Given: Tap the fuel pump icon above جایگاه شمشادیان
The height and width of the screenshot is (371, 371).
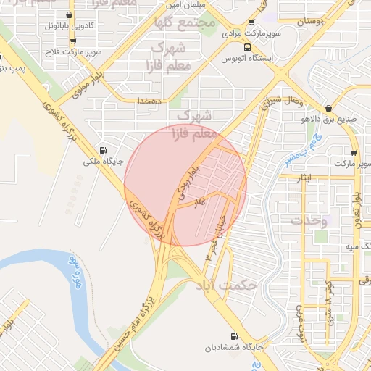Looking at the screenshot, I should (233, 336).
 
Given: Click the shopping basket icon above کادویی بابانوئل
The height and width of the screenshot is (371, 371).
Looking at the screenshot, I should (69, 14).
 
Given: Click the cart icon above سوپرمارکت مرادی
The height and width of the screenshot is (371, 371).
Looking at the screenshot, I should (251, 22).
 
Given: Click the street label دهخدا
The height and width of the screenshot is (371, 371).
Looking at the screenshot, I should (149, 101).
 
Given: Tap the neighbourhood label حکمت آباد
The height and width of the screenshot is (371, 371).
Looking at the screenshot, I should (226, 285).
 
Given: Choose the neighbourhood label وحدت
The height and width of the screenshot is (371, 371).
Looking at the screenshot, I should (309, 220).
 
